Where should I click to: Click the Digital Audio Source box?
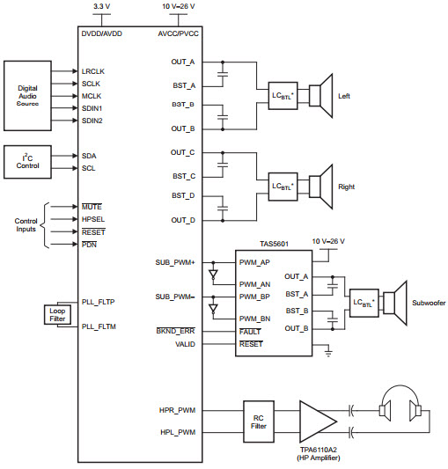[x=27, y=96]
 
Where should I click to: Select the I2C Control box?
[x=27, y=162]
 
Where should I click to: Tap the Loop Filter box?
[x=57, y=315]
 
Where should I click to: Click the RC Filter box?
[x=259, y=421]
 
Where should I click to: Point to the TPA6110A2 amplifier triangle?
[x=316, y=421]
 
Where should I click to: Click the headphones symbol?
[x=400, y=404]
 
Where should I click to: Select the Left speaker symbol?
[x=320, y=96]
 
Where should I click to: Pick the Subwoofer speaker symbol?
[x=394, y=303]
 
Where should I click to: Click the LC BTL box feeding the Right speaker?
[x=283, y=187]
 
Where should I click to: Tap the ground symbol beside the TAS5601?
[x=328, y=353]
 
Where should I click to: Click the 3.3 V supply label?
[x=102, y=6]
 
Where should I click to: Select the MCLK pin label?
[x=92, y=96]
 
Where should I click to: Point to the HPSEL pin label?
[x=93, y=219]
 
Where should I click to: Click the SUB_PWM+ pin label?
[x=175, y=262]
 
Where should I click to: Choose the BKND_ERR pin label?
[x=176, y=331]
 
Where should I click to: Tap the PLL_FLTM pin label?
[x=99, y=326]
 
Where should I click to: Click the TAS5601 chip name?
[x=274, y=244]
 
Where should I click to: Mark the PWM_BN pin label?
[x=254, y=319]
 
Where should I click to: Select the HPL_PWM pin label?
[x=178, y=432]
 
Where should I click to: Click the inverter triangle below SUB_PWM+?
[x=213, y=275]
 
